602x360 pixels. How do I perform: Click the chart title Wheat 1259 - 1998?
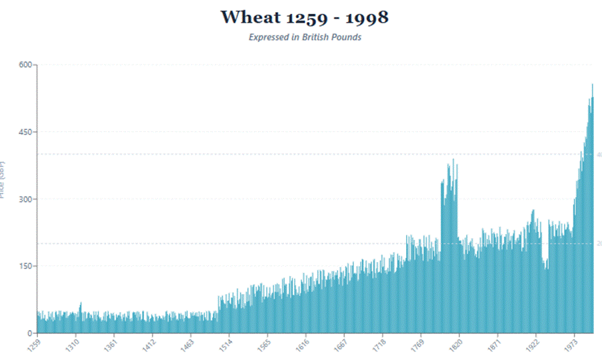(304, 17)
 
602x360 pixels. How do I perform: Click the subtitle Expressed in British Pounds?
(305, 37)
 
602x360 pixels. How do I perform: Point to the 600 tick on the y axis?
(25, 65)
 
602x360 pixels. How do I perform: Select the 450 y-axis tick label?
(25, 132)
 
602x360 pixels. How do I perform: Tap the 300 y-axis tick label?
(25, 199)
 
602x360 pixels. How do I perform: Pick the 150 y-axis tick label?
(25, 266)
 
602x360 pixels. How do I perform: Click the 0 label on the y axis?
(29, 333)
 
